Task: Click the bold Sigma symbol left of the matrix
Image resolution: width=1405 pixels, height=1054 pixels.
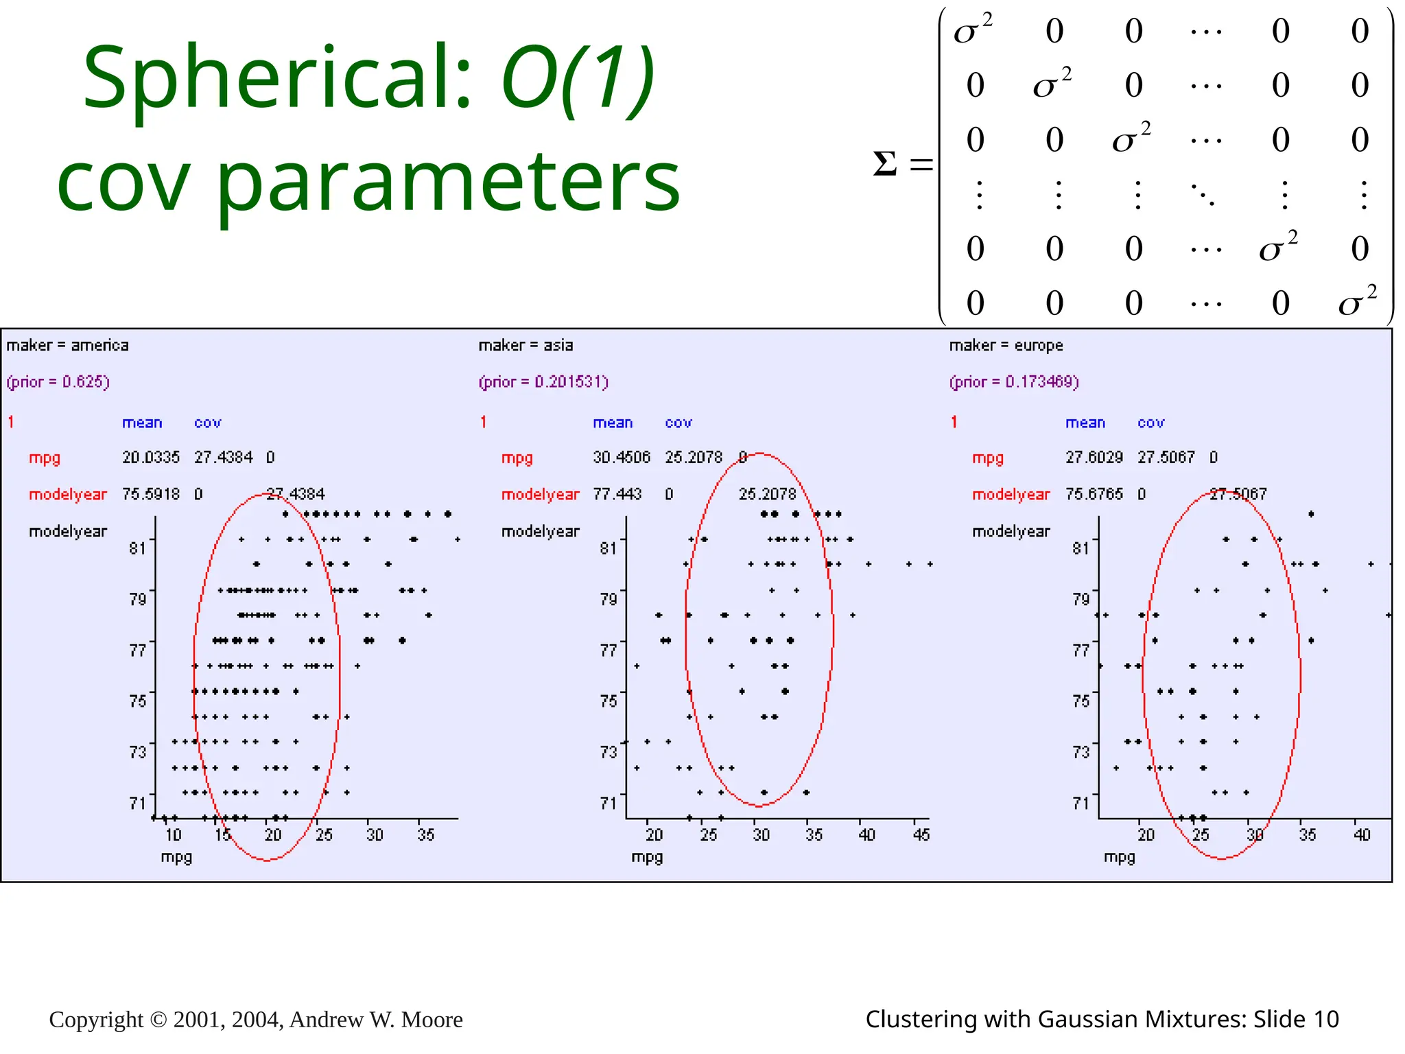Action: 885,164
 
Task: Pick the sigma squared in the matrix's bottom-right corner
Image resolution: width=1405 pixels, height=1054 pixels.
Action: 1357,301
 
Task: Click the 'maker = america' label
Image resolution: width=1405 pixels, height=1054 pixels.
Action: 67,345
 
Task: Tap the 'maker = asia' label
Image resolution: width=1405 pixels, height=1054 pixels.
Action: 526,345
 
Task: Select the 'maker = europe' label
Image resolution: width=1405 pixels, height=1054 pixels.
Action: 1006,345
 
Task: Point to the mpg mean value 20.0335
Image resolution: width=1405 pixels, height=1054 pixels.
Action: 151,457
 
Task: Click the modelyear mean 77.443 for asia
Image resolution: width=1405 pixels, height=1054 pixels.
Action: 617,494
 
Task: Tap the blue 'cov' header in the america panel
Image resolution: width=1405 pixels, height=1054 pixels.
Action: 207,423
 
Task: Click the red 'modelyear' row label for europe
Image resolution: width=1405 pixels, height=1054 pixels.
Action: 1011,494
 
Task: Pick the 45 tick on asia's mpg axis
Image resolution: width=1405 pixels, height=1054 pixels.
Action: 921,834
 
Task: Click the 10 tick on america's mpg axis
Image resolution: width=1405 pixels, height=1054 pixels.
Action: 173,834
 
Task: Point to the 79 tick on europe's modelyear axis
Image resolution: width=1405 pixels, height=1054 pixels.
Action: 1081,599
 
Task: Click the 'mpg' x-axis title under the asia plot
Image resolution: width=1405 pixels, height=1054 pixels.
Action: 647,857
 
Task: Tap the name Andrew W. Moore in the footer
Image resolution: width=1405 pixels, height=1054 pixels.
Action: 376,1020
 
